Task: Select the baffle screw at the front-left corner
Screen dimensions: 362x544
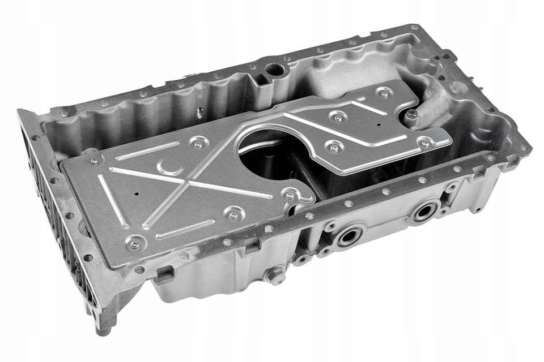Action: [135, 244]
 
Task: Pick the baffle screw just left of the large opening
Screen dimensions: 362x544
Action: [198, 145]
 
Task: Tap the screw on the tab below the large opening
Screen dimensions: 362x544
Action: [290, 196]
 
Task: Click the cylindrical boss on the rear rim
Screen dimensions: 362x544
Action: [276, 71]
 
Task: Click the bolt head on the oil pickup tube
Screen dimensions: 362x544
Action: [413, 114]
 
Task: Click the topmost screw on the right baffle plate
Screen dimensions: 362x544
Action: [385, 94]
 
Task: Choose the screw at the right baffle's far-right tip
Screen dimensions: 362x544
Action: [424, 143]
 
